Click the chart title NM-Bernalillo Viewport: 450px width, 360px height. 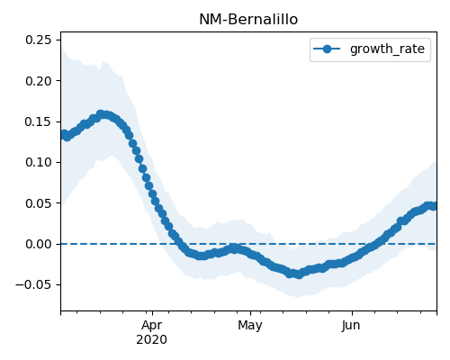pyautogui.click(x=248, y=20)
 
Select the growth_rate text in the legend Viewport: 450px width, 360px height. pyautogui.click(x=387, y=49)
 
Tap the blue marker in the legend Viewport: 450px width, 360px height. pyautogui.click(x=327, y=49)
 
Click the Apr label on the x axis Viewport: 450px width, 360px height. pyautogui.click(x=152, y=325)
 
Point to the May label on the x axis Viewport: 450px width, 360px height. pyautogui.click(x=250, y=325)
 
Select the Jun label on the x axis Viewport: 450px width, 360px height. pyautogui.click(x=351, y=325)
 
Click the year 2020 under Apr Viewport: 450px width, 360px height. pyautogui.click(x=151, y=340)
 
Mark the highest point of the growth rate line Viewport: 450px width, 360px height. pyautogui.click(x=101, y=114)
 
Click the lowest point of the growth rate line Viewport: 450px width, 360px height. pyautogui.click(x=299, y=274)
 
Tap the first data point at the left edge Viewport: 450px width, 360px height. pyautogui.click(x=64, y=134)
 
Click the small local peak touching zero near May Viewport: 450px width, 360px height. pyautogui.click(x=234, y=248)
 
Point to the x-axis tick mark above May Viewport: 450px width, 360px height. pyautogui.click(x=250, y=313)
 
